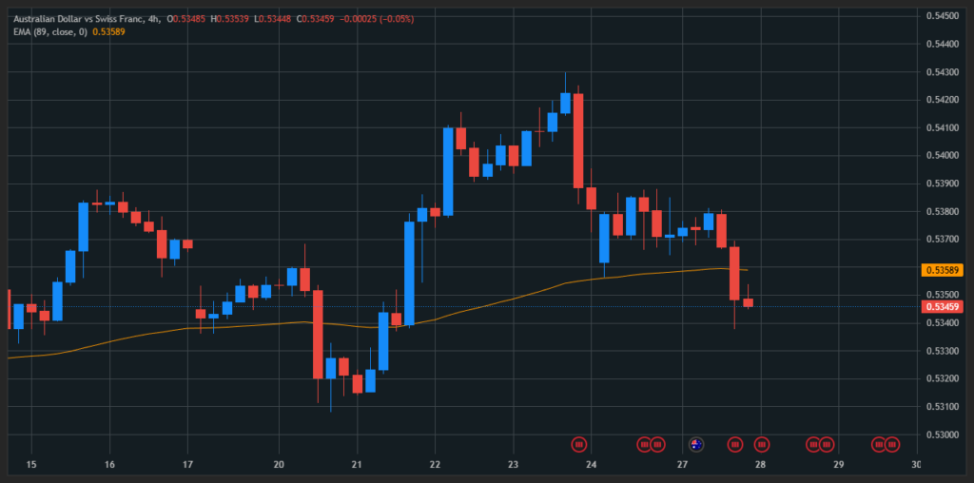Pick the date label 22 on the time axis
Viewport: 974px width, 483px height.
point(435,464)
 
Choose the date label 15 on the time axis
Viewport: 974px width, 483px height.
point(31,464)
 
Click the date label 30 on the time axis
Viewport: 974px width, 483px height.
point(916,464)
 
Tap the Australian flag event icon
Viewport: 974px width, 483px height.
point(695,444)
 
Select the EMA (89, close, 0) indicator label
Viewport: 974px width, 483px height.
point(50,32)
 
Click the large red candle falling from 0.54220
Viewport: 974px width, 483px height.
point(577,141)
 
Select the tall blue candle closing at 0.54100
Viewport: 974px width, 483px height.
point(448,171)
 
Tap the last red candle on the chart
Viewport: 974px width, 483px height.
point(748,302)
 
